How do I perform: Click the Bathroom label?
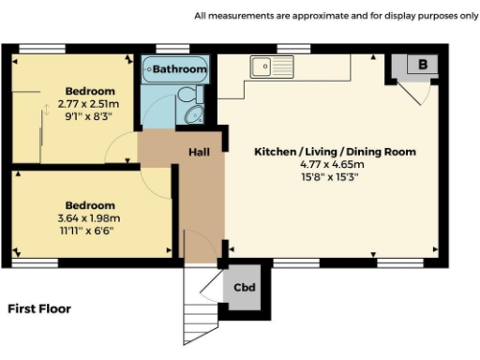pos(179,69)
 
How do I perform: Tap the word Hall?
pos(200,152)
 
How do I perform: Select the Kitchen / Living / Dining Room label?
pos(336,151)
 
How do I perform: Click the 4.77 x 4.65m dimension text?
pos(336,164)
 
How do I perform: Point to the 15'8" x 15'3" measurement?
pos(336,177)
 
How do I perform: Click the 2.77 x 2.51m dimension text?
pos(90,103)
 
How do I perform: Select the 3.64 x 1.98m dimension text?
pos(90,218)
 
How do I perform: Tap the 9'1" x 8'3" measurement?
pos(90,116)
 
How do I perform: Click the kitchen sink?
pos(273,67)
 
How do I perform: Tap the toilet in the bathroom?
pos(187,97)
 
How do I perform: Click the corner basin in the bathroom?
pos(194,115)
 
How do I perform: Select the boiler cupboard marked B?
pos(423,65)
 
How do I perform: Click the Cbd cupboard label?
pos(246,287)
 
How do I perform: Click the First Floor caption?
pos(39,307)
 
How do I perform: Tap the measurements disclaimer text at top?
pos(336,15)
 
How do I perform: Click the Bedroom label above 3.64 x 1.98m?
pos(90,205)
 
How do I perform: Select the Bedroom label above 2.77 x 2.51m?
pos(90,90)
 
